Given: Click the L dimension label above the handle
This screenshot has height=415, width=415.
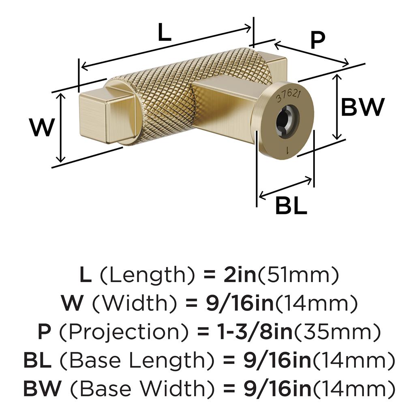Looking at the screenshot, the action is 165,32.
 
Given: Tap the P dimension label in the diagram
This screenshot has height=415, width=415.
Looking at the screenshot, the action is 317,40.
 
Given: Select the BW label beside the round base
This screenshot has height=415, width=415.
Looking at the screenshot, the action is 363,107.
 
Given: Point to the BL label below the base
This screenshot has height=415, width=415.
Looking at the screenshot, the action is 291,205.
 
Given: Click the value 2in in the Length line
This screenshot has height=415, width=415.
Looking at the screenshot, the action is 240,275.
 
